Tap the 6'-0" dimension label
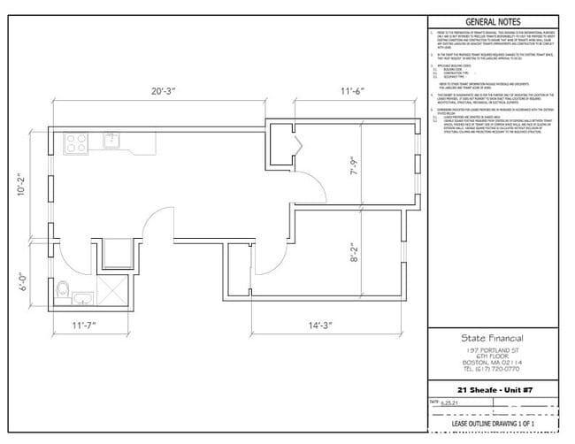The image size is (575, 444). click(x=23, y=281)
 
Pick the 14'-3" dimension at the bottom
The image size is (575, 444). click(x=326, y=325)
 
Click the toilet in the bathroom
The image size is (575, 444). click(x=63, y=290)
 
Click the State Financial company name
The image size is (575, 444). click(x=492, y=339)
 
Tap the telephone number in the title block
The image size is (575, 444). click(x=492, y=371)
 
